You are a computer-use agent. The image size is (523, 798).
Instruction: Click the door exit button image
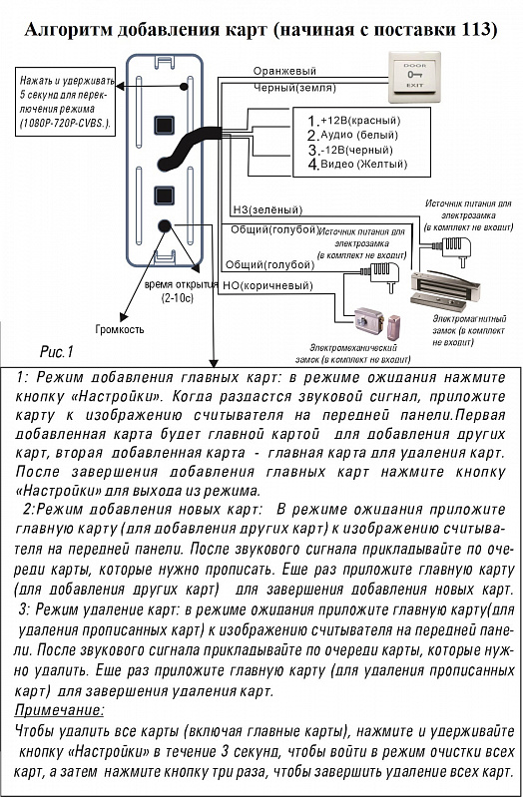tap(414, 77)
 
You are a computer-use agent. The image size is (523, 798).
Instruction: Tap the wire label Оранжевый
tap(284, 71)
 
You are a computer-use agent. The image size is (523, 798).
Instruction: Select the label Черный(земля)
tap(294, 88)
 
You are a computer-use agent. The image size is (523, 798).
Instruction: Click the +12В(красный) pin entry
tap(354, 121)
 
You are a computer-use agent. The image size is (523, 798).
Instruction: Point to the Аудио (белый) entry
tap(353, 135)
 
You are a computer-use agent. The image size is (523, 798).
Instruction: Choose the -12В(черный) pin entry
tap(350, 150)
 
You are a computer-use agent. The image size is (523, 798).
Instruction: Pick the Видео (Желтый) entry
tap(357, 164)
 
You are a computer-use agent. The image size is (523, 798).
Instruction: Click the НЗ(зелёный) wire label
tap(267, 209)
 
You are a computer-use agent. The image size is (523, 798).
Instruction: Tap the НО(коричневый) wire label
tap(267, 286)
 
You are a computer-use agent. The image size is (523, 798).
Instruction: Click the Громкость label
tap(120, 329)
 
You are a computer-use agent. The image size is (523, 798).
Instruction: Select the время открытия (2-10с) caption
tap(181, 291)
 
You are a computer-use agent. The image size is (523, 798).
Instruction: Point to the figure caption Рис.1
tap(57, 352)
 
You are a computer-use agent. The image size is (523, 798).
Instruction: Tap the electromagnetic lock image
tap(445, 289)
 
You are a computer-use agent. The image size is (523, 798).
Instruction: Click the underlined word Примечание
tap(59, 710)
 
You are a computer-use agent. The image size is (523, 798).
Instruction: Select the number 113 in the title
tap(479, 30)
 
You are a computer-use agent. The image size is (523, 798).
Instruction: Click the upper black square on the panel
tap(164, 125)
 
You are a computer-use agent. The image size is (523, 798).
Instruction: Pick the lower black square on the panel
tap(164, 195)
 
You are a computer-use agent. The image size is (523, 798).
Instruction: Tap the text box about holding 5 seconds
tap(65, 102)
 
